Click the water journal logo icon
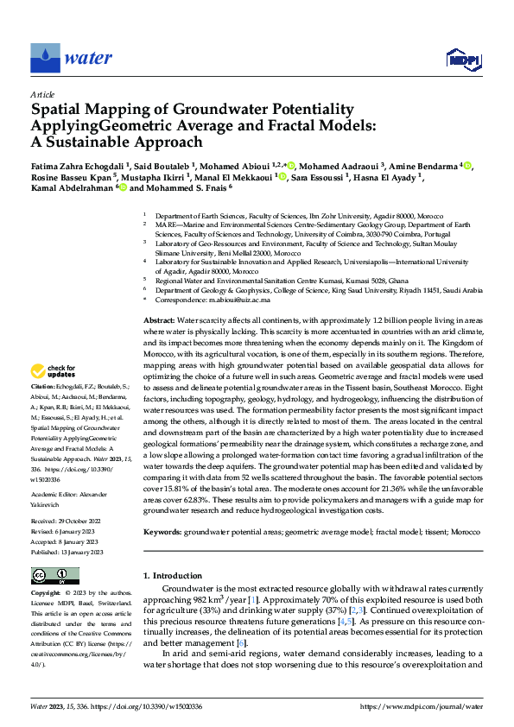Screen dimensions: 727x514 tap(45, 59)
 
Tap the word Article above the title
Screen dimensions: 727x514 tap(42, 94)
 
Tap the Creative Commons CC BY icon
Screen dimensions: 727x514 tap(54, 574)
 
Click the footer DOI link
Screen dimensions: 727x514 tap(162, 708)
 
